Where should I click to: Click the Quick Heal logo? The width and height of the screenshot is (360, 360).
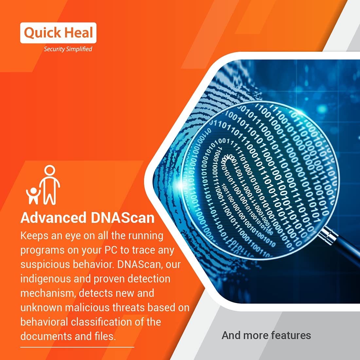tap(58, 33)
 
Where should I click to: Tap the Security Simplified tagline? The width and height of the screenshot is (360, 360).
tap(68, 49)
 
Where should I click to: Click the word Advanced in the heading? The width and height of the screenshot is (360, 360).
tap(53, 218)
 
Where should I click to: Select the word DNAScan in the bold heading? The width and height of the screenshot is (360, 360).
tap(123, 218)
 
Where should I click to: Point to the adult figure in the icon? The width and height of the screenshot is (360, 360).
tap(50, 185)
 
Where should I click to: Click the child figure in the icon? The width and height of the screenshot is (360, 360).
tap(33, 196)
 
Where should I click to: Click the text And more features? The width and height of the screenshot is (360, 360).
tap(266, 335)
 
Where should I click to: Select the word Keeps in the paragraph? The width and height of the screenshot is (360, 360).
tap(34, 236)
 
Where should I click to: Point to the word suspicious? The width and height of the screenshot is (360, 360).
tap(45, 264)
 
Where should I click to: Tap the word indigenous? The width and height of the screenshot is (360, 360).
tap(45, 279)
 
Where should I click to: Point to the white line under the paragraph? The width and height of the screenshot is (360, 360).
tap(77, 347)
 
